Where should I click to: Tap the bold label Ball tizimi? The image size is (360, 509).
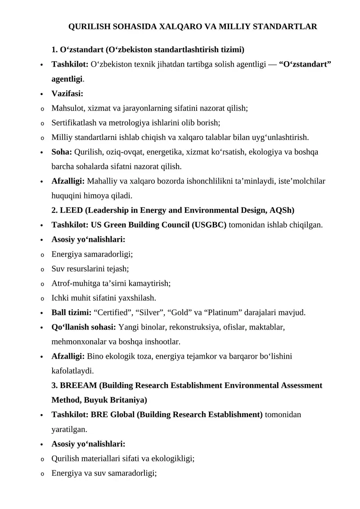[x=72, y=312]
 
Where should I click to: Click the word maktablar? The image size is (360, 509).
[x=266, y=327]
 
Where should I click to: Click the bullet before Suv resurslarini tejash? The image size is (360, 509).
[x=42, y=269]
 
